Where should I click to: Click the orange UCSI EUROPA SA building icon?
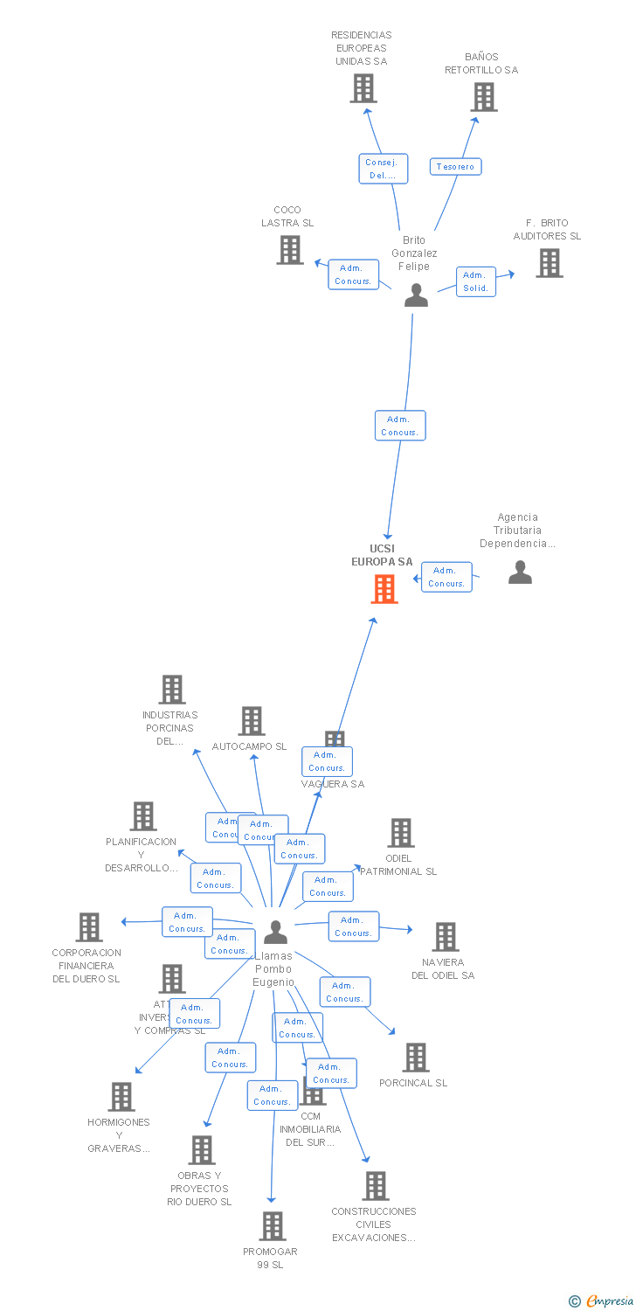(x=384, y=589)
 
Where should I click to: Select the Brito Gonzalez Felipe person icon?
(x=417, y=295)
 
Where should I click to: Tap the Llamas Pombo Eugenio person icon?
(x=275, y=933)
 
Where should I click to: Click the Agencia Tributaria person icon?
(x=520, y=572)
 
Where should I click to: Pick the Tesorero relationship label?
(x=455, y=166)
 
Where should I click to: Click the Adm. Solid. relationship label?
(x=476, y=281)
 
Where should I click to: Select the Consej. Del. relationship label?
(x=383, y=169)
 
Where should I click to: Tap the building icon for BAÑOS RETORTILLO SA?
(x=484, y=97)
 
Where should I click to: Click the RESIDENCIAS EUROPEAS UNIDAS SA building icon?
(x=363, y=88)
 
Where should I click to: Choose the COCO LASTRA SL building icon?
(x=290, y=250)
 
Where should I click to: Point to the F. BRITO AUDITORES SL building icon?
(x=549, y=263)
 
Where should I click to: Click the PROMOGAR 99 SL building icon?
(x=273, y=1226)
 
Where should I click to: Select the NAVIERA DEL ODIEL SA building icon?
(x=446, y=937)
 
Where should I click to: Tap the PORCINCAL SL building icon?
(x=415, y=1058)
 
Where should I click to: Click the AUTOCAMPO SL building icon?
(x=252, y=722)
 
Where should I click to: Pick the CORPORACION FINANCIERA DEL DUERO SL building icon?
(x=89, y=927)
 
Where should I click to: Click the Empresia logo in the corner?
(x=603, y=1301)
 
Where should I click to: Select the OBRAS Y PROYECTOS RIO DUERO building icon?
(x=202, y=1150)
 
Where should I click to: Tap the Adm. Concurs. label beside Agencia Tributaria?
(x=446, y=577)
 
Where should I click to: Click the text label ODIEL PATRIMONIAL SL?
(x=399, y=864)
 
